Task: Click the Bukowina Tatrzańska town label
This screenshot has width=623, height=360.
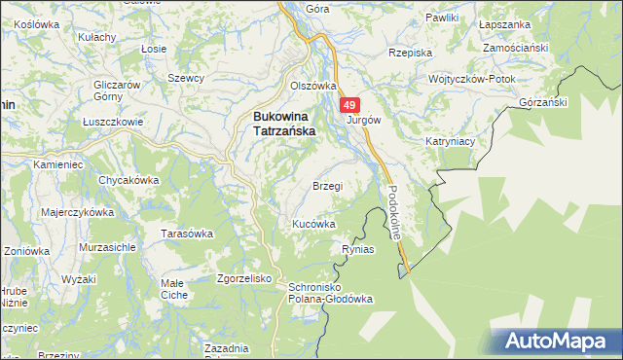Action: (282, 126)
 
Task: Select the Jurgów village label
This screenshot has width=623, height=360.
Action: (363, 121)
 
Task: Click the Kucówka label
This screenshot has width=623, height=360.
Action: (314, 224)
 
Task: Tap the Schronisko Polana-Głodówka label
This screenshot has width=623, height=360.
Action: (326, 294)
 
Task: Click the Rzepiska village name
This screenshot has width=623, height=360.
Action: (409, 53)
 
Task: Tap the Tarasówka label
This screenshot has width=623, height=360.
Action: (186, 234)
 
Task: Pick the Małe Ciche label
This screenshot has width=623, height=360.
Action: (173, 288)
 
